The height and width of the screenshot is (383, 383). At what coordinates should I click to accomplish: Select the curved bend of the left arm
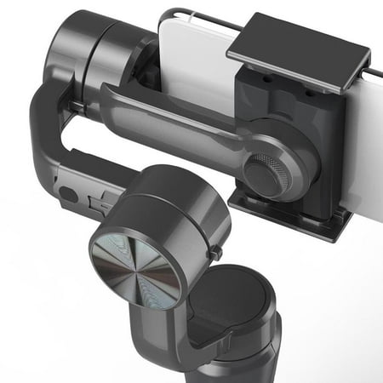[43, 128]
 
